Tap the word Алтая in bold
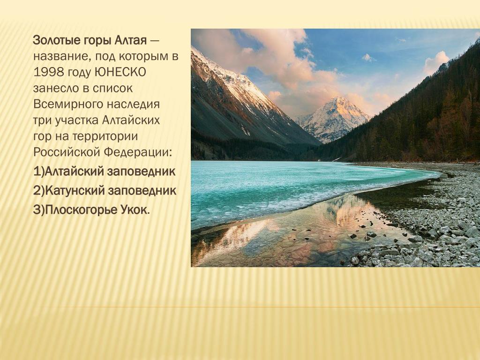(x=131, y=40)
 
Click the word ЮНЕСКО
(x=120, y=72)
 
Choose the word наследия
(x=133, y=105)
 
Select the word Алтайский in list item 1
(x=74, y=172)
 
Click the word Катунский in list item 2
(x=75, y=191)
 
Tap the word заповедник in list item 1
(x=141, y=172)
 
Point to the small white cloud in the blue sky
(x=368, y=58)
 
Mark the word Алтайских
(x=131, y=120)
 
